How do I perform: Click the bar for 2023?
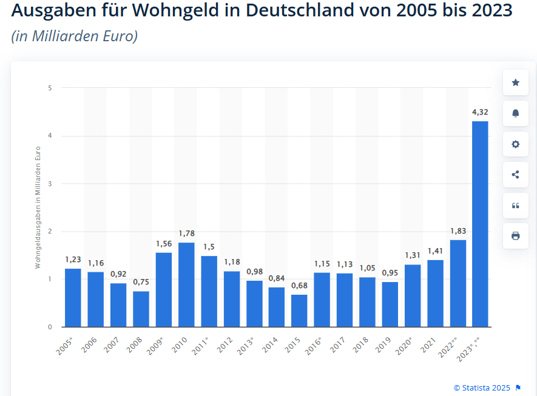coord(480,224)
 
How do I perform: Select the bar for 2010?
coord(186,285)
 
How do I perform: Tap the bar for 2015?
coord(299,311)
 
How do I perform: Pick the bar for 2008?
coord(141,309)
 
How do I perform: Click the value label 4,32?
coord(480,112)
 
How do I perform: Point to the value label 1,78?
coord(186,233)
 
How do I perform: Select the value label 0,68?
coord(299,286)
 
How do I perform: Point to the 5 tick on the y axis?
coord(50,88)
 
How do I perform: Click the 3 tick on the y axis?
coord(50,184)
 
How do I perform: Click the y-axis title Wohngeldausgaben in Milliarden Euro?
coord(38,207)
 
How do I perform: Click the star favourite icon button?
coord(516,82)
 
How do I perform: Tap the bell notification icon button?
coord(516,113)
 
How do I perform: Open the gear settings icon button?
coord(516,144)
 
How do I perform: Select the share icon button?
coord(516,175)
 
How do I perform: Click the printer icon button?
coord(516,236)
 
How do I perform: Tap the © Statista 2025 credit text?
coord(482,388)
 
